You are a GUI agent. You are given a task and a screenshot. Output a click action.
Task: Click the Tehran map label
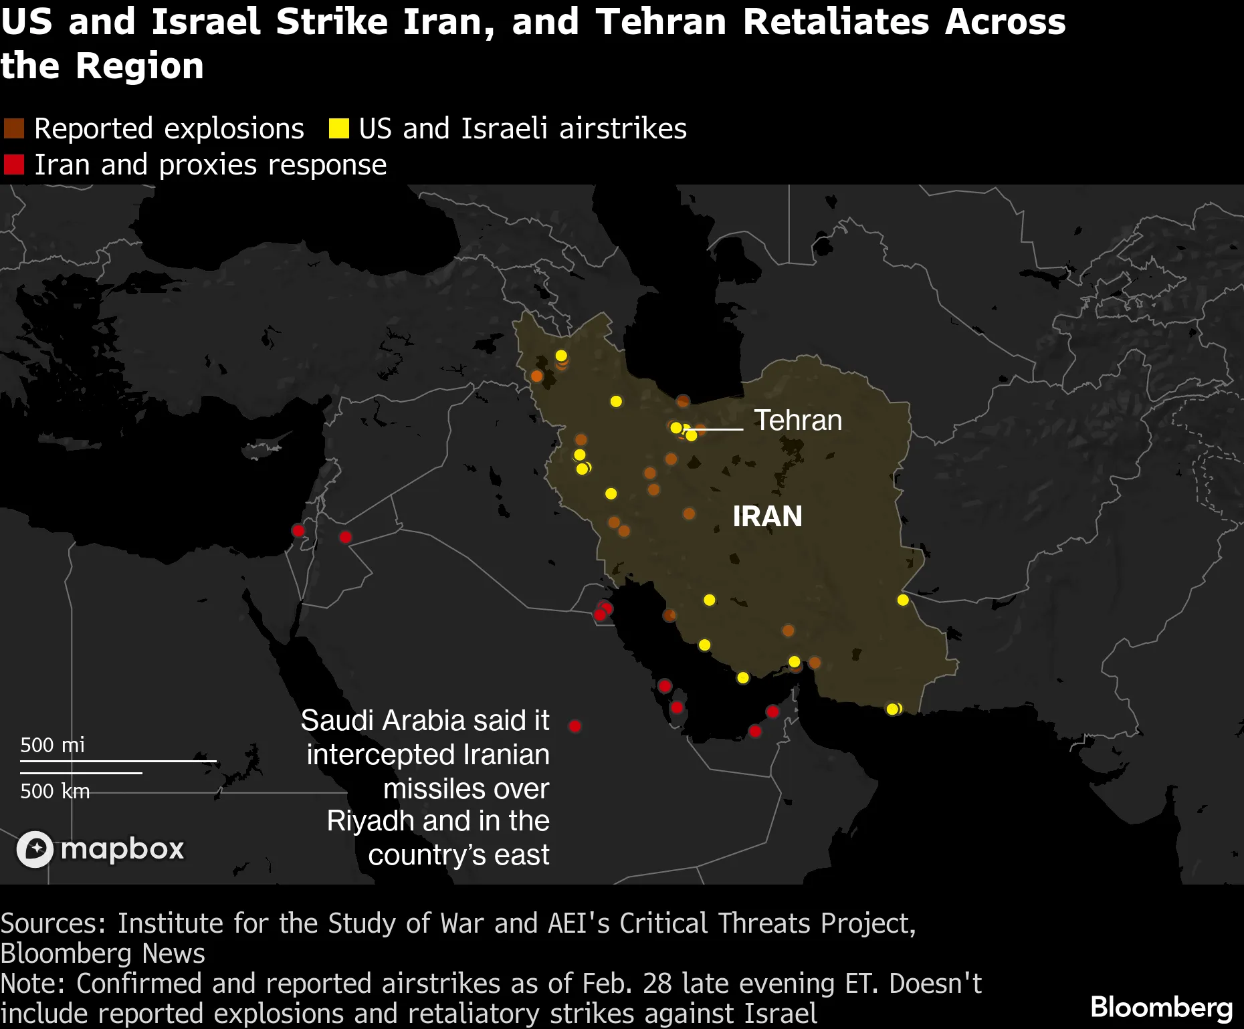tap(797, 421)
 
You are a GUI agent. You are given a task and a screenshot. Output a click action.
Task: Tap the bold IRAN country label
tap(767, 516)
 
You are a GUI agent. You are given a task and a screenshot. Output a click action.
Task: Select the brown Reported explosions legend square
tap(14, 128)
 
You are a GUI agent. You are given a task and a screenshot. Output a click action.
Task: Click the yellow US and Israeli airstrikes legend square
tap(338, 128)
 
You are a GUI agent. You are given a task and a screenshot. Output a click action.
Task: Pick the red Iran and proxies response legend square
tap(14, 164)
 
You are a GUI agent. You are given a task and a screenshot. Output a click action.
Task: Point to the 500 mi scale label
tap(52, 745)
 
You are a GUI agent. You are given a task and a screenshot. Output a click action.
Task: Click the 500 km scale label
tap(55, 791)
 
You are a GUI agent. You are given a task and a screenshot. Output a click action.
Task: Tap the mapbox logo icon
tap(35, 849)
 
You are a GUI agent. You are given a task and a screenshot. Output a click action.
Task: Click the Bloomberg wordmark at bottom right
tap(1161, 1007)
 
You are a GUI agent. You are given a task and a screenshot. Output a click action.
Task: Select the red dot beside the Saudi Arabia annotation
tap(575, 726)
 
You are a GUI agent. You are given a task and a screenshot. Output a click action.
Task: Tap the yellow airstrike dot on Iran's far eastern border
tap(903, 600)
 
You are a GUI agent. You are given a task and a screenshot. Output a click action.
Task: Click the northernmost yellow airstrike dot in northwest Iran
tap(561, 355)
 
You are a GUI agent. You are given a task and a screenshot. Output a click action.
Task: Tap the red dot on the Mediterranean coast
tap(298, 531)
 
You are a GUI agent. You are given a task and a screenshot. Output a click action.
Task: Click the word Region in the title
tap(139, 66)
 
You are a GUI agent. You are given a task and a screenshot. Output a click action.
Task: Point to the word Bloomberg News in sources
tap(102, 953)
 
